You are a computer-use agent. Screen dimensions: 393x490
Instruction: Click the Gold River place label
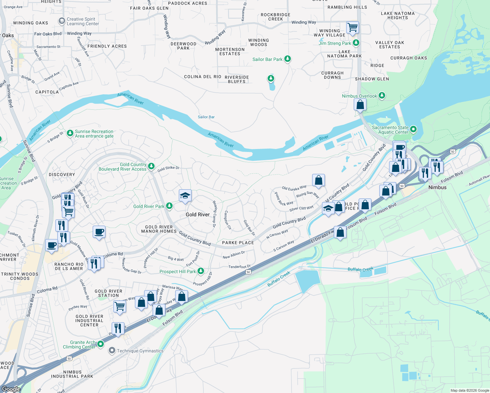click(198, 215)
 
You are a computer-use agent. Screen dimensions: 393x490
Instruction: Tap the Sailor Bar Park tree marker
click(288, 59)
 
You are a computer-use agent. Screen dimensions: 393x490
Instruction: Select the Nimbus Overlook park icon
click(382, 96)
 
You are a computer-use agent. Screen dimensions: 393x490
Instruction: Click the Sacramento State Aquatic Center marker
click(413, 129)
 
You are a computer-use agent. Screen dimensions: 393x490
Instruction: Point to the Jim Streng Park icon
click(356, 43)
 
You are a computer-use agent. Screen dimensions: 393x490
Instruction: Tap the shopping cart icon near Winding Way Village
click(352, 28)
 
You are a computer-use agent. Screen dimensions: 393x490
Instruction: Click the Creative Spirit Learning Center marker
click(62, 21)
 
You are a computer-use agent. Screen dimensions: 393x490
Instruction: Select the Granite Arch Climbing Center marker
click(101, 344)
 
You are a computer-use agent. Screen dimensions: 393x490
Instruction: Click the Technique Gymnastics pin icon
click(112, 351)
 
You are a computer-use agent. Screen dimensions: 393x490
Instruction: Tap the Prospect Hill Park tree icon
click(201, 271)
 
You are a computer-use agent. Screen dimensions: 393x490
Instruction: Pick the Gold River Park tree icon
click(169, 206)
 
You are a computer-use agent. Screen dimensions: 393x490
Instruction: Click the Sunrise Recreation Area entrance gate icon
click(70, 133)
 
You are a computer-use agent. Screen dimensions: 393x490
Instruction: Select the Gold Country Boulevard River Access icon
click(151, 166)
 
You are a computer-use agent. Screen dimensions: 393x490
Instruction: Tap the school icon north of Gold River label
click(185, 196)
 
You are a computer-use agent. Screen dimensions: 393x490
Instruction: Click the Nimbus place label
click(437, 187)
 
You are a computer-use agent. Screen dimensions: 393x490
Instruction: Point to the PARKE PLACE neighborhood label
click(238, 243)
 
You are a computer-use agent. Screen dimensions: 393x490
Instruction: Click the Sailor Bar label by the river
click(206, 117)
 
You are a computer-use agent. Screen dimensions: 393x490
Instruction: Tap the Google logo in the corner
click(11, 389)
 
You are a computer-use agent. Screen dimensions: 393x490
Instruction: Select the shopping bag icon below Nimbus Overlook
click(360, 105)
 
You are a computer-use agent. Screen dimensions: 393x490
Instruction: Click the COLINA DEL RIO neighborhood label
click(202, 77)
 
